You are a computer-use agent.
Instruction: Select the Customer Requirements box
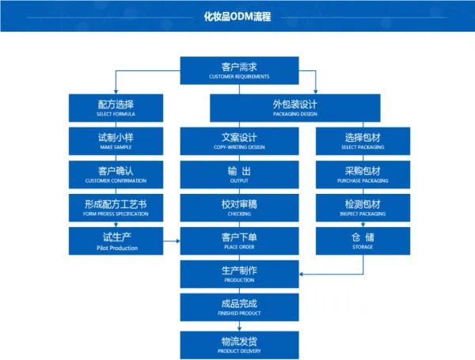[239, 70]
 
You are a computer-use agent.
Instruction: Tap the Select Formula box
[116, 107]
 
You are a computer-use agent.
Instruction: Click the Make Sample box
[116, 140]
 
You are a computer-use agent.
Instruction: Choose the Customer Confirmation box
[116, 173]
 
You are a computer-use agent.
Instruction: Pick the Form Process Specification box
[116, 207]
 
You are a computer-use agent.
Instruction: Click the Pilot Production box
[116, 241]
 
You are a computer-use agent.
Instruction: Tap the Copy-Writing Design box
[239, 140]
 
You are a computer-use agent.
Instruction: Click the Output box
[239, 173]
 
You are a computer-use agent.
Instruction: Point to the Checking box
[239, 207]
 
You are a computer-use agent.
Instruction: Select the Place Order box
[239, 241]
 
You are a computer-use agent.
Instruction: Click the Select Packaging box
[363, 140]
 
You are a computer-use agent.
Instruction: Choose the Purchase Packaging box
[363, 173]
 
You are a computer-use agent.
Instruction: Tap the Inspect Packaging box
[363, 207]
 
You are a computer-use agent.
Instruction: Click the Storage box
[363, 241]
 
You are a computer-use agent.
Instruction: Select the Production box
[239, 274]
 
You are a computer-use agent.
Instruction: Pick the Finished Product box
[239, 307]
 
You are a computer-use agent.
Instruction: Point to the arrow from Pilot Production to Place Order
[171, 240]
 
